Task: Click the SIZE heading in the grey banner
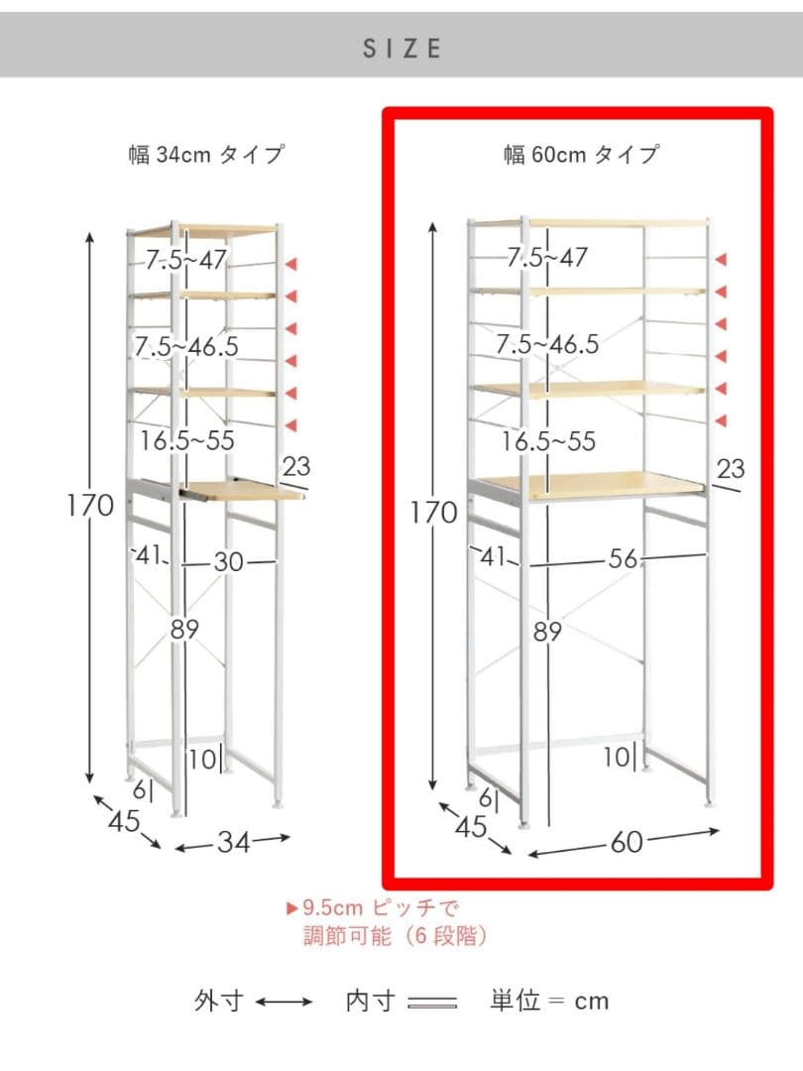(x=401, y=49)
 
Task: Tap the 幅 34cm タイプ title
(x=206, y=155)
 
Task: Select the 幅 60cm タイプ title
(x=581, y=155)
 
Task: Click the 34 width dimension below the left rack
(x=234, y=842)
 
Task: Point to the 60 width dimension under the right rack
(x=627, y=842)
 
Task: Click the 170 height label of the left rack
(x=90, y=506)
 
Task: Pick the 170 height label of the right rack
(x=433, y=513)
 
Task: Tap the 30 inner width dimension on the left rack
(x=229, y=562)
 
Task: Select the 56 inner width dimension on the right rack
(x=623, y=559)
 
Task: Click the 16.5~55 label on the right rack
(x=548, y=441)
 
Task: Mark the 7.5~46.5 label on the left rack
(x=186, y=347)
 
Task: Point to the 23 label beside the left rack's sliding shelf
(x=296, y=466)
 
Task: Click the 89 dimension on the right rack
(x=547, y=632)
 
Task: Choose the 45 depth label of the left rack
(x=124, y=821)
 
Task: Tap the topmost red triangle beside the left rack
(x=290, y=265)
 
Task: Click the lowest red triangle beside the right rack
(x=721, y=420)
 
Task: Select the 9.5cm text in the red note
(x=332, y=908)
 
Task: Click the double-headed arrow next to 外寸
(x=284, y=1002)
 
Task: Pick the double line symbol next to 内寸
(x=432, y=1003)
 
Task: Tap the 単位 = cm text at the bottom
(x=549, y=1002)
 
